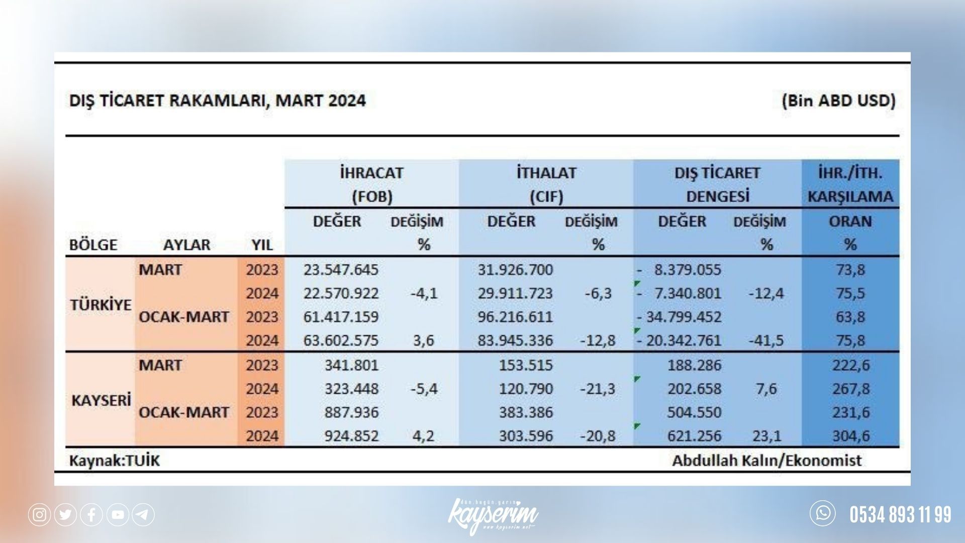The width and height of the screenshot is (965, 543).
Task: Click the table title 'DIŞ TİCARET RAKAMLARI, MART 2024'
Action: (217, 101)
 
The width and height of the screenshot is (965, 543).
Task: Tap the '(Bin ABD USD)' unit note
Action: (838, 101)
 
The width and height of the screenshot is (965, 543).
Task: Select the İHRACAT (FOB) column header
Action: (372, 184)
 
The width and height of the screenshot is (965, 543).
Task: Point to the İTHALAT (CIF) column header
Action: (546, 184)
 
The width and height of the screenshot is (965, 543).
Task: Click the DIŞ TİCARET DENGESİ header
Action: (717, 184)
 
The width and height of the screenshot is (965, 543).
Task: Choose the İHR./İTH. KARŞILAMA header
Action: (850, 184)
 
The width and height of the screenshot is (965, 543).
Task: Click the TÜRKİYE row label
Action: (101, 305)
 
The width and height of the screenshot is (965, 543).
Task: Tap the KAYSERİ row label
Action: (101, 400)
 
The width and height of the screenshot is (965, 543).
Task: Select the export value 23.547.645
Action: (341, 269)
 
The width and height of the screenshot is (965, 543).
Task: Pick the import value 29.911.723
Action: (515, 293)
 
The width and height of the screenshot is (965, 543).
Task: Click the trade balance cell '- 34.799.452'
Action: (679, 317)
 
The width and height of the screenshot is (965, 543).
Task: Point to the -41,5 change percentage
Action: (766, 340)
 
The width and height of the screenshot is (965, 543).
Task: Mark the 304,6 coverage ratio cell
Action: (850, 435)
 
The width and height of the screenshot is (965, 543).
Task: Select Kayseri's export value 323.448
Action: (351, 389)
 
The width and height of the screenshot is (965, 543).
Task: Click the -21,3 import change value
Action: (598, 389)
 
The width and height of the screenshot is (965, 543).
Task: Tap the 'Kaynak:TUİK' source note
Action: (114, 461)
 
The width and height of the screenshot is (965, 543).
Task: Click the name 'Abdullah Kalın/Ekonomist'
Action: (767, 461)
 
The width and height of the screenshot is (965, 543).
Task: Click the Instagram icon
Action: (39, 514)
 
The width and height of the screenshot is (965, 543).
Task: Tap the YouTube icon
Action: (118, 514)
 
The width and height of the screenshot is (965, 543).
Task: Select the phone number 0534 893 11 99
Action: (900, 515)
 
